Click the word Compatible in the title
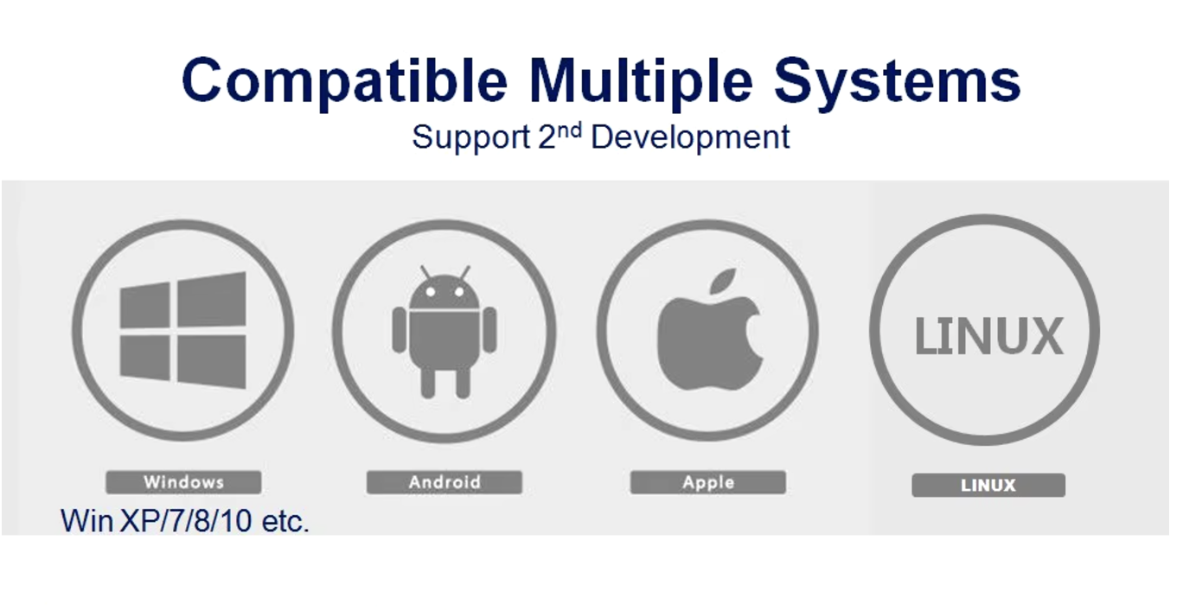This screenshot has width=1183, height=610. click(344, 82)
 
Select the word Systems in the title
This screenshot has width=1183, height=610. click(898, 82)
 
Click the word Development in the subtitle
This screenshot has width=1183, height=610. click(690, 138)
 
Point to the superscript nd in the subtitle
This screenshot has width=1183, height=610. click(569, 130)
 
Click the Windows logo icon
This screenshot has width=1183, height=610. click(182, 330)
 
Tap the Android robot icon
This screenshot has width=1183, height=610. click(444, 332)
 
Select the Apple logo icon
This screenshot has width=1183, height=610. click(710, 330)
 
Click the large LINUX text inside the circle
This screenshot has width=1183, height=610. click(988, 336)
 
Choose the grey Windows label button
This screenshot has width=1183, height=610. click(183, 482)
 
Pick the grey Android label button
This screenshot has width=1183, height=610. click(444, 482)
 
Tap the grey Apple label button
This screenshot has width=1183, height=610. click(707, 482)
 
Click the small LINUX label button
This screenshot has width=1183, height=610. click(988, 485)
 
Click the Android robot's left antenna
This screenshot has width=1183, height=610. click(425, 272)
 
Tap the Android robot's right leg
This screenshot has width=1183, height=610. click(463, 384)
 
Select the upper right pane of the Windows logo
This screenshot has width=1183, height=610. click(211, 299)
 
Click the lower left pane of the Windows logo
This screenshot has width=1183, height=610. click(144, 357)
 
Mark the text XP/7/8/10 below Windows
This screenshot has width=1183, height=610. click(186, 521)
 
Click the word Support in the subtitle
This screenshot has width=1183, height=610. click(471, 138)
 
